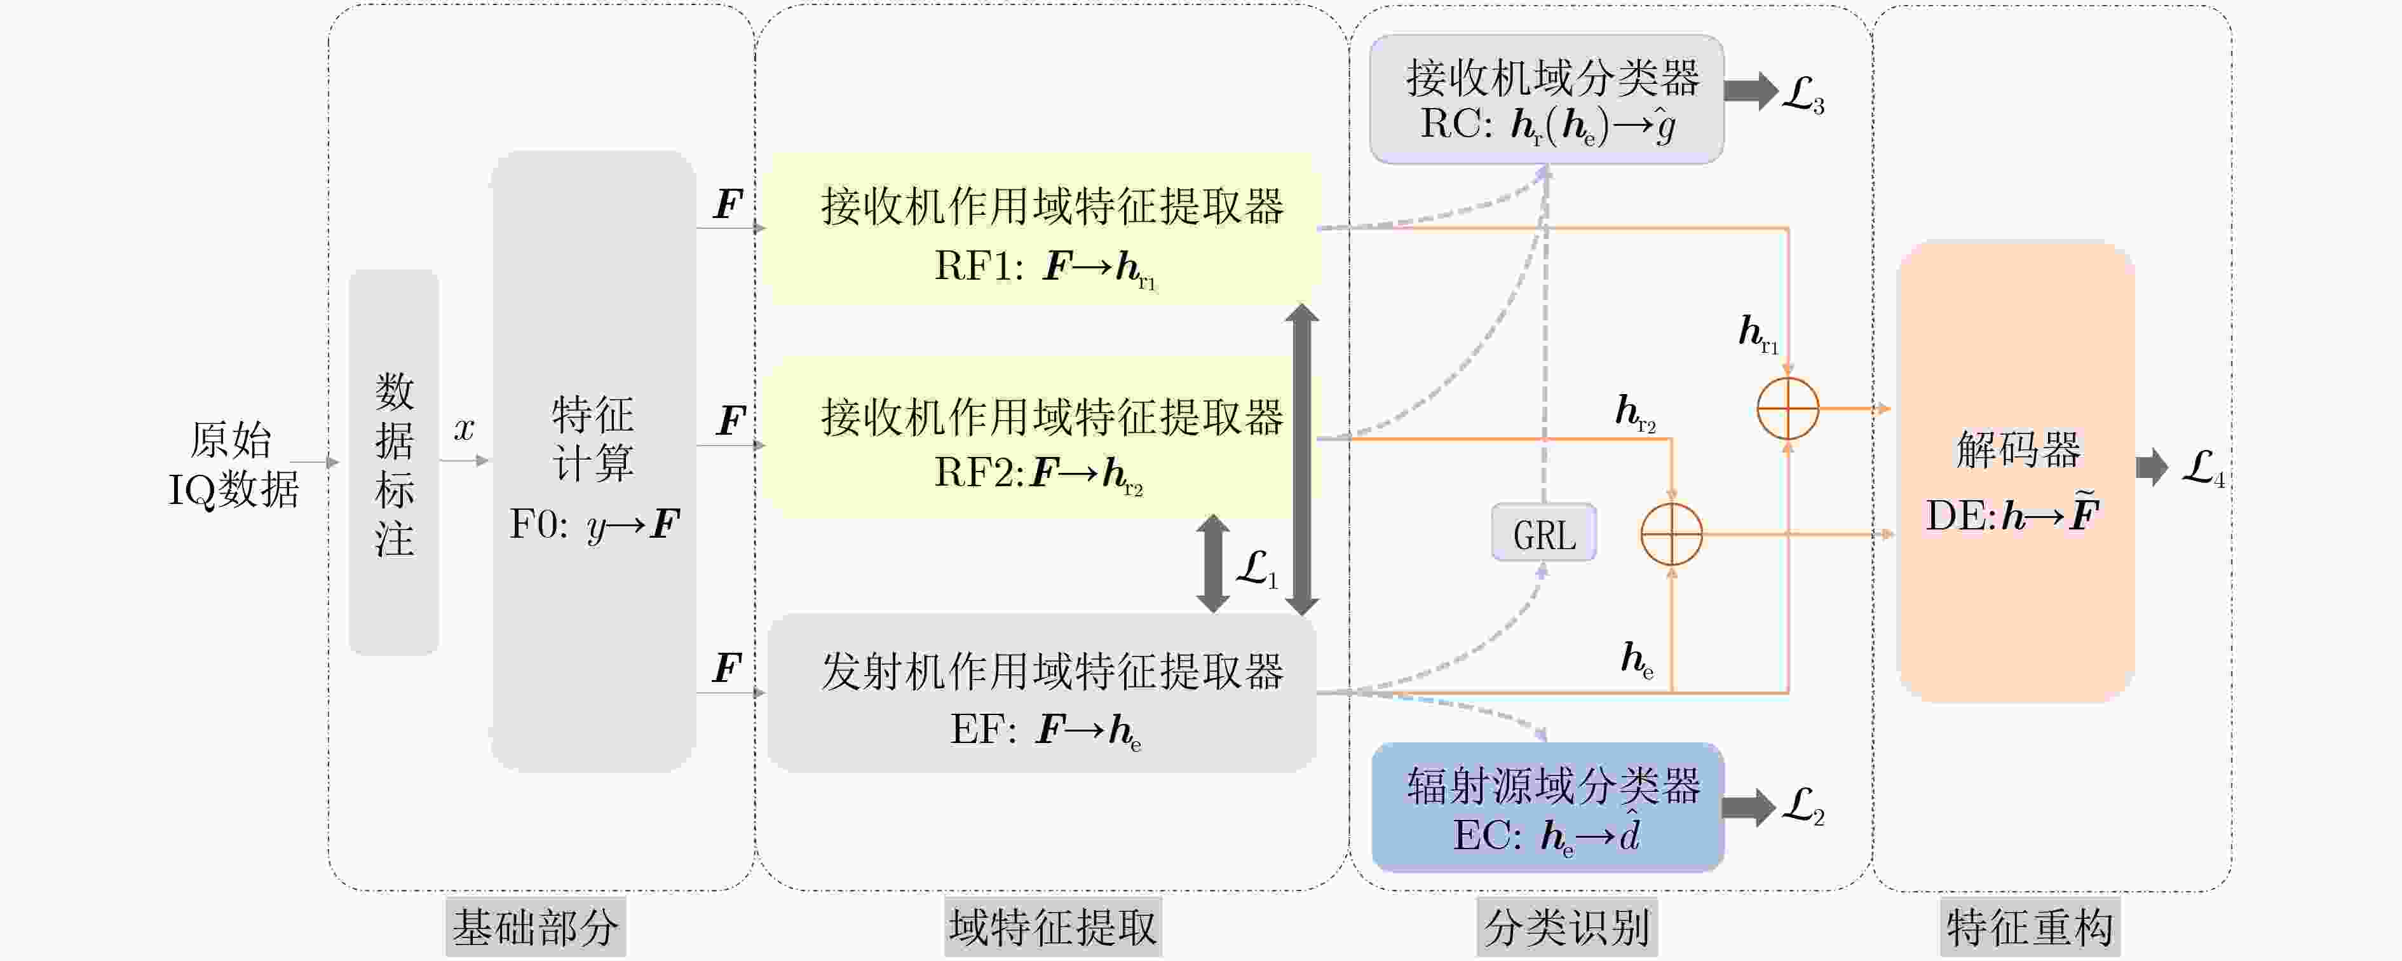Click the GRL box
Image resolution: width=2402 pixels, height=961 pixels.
tap(1544, 533)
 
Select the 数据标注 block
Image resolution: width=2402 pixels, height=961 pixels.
tap(393, 462)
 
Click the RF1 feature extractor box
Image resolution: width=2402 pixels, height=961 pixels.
tap(1042, 229)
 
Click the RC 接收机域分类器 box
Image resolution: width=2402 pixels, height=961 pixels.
tap(1546, 100)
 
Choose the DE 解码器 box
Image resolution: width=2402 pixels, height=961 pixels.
tap(2016, 471)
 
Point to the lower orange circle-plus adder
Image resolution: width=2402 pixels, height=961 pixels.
tap(1671, 535)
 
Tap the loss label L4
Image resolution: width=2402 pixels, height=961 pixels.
tap(2202, 468)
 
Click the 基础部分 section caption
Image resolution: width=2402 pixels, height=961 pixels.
tap(535, 927)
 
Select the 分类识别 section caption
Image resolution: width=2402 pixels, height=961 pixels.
tap(1566, 927)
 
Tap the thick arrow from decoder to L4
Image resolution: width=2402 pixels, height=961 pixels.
tap(2153, 467)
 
